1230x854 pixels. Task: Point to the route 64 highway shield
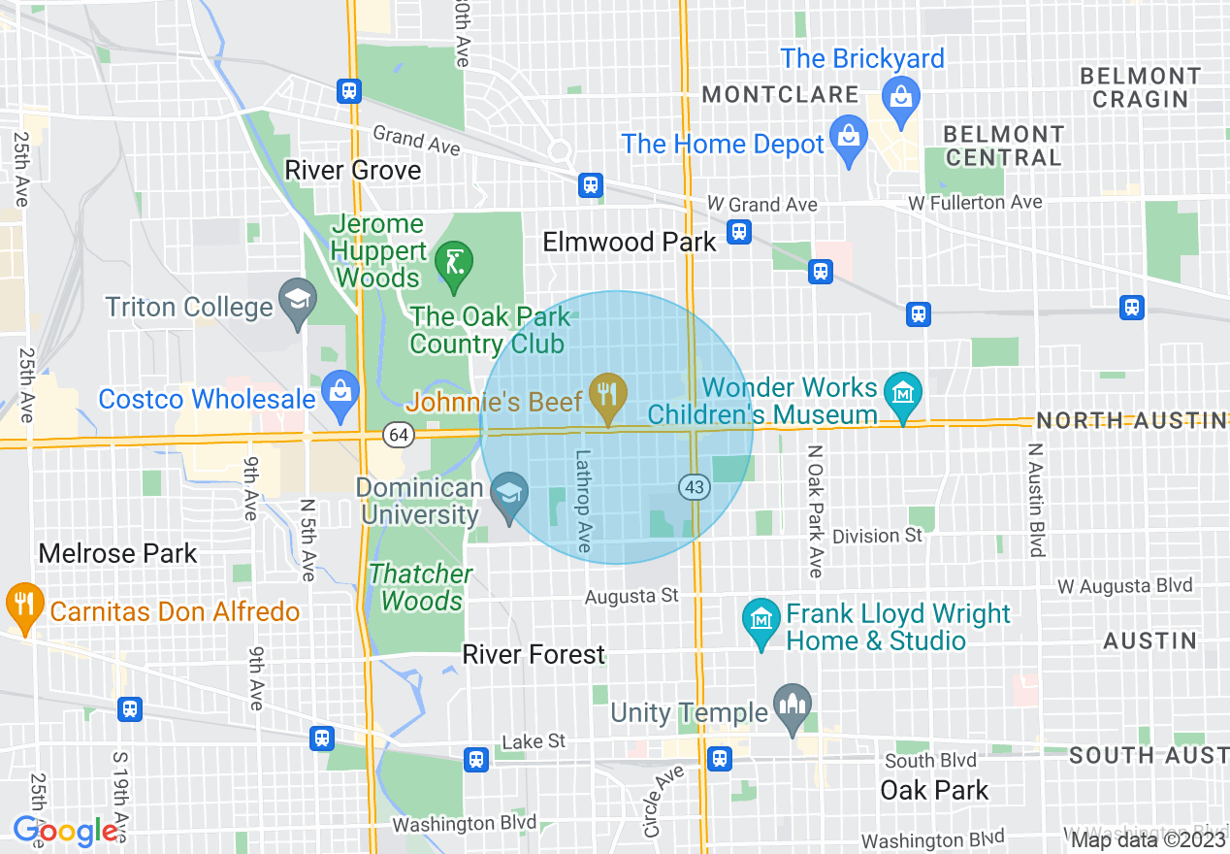(x=398, y=435)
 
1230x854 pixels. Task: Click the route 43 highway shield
(x=694, y=488)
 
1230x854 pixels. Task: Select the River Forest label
(x=534, y=655)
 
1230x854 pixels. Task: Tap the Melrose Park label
(x=117, y=554)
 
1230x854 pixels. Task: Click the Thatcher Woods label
(x=421, y=587)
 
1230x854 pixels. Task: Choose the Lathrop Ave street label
(x=582, y=501)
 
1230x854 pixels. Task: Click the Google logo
(x=65, y=831)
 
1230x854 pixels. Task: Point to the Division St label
(x=878, y=536)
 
